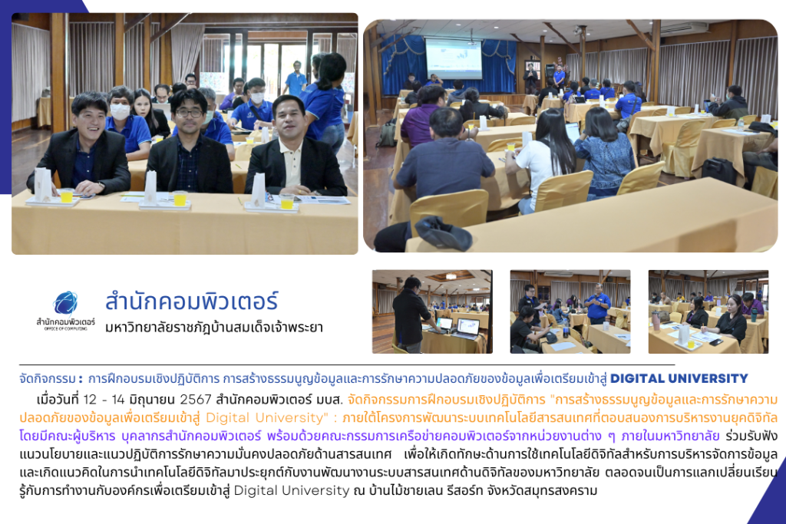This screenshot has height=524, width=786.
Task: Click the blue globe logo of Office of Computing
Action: coord(66,302)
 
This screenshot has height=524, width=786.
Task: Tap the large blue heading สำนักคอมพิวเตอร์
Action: coord(191,302)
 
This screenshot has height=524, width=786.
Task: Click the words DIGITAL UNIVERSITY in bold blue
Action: coord(679,378)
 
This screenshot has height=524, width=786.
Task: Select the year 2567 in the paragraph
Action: coord(196,399)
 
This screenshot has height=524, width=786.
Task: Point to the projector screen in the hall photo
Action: coord(454,58)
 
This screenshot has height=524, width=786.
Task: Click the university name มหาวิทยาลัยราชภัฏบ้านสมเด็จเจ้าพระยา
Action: coord(214,328)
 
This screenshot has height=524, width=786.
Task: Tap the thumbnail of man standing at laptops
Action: coord(432,311)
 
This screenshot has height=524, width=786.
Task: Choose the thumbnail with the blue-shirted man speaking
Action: coord(570,311)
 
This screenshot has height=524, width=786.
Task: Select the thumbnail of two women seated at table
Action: coord(708,311)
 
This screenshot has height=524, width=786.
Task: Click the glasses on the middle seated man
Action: coord(190,113)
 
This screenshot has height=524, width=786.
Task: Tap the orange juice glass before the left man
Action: coord(67,195)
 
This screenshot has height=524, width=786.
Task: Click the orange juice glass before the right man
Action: coord(287,201)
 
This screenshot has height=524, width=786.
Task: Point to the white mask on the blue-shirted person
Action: coord(120,111)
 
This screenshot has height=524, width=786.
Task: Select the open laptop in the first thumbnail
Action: coord(467,328)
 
